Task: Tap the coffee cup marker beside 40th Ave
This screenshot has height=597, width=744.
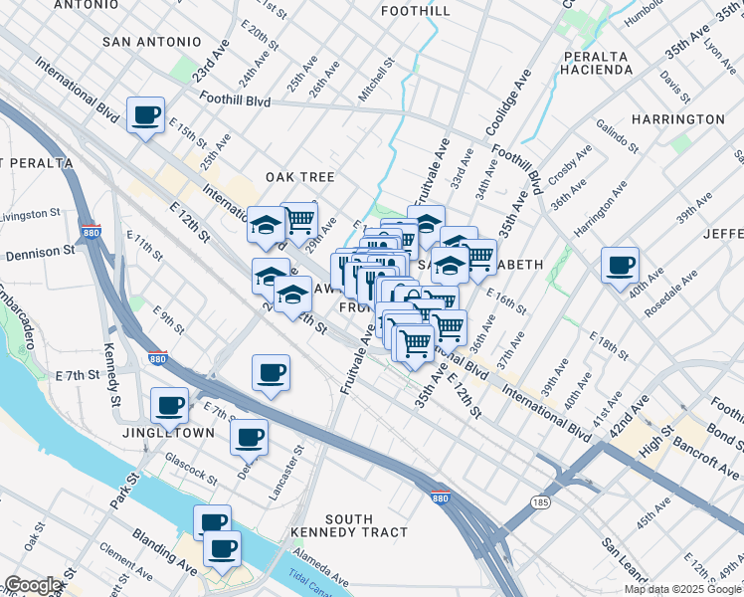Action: [x=620, y=266]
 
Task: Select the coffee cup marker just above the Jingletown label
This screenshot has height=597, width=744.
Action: [x=169, y=405]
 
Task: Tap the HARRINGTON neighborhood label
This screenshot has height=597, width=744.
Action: [x=677, y=118]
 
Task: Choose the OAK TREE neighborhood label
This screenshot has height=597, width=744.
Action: [x=299, y=176]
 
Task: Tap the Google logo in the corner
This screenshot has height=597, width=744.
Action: [x=33, y=585]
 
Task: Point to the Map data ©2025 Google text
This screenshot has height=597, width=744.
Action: [x=682, y=589]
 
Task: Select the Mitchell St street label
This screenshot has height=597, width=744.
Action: [x=377, y=79]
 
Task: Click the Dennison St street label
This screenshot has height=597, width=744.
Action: [x=40, y=253]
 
